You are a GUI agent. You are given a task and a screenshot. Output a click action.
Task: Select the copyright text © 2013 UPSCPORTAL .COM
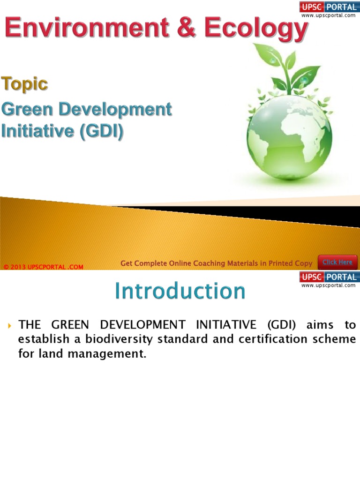tap(43, 267)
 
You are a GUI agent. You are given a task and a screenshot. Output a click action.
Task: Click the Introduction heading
tap(180, 291)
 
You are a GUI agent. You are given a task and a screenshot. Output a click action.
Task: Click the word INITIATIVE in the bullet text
tap(224, 325)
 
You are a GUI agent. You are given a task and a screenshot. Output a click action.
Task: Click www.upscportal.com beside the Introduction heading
tap(328, 285)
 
